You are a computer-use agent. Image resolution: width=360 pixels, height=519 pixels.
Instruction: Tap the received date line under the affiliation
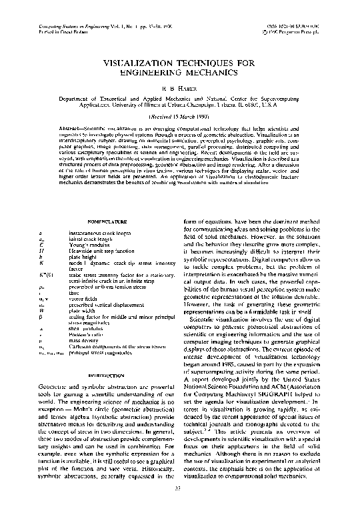point(179,115)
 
